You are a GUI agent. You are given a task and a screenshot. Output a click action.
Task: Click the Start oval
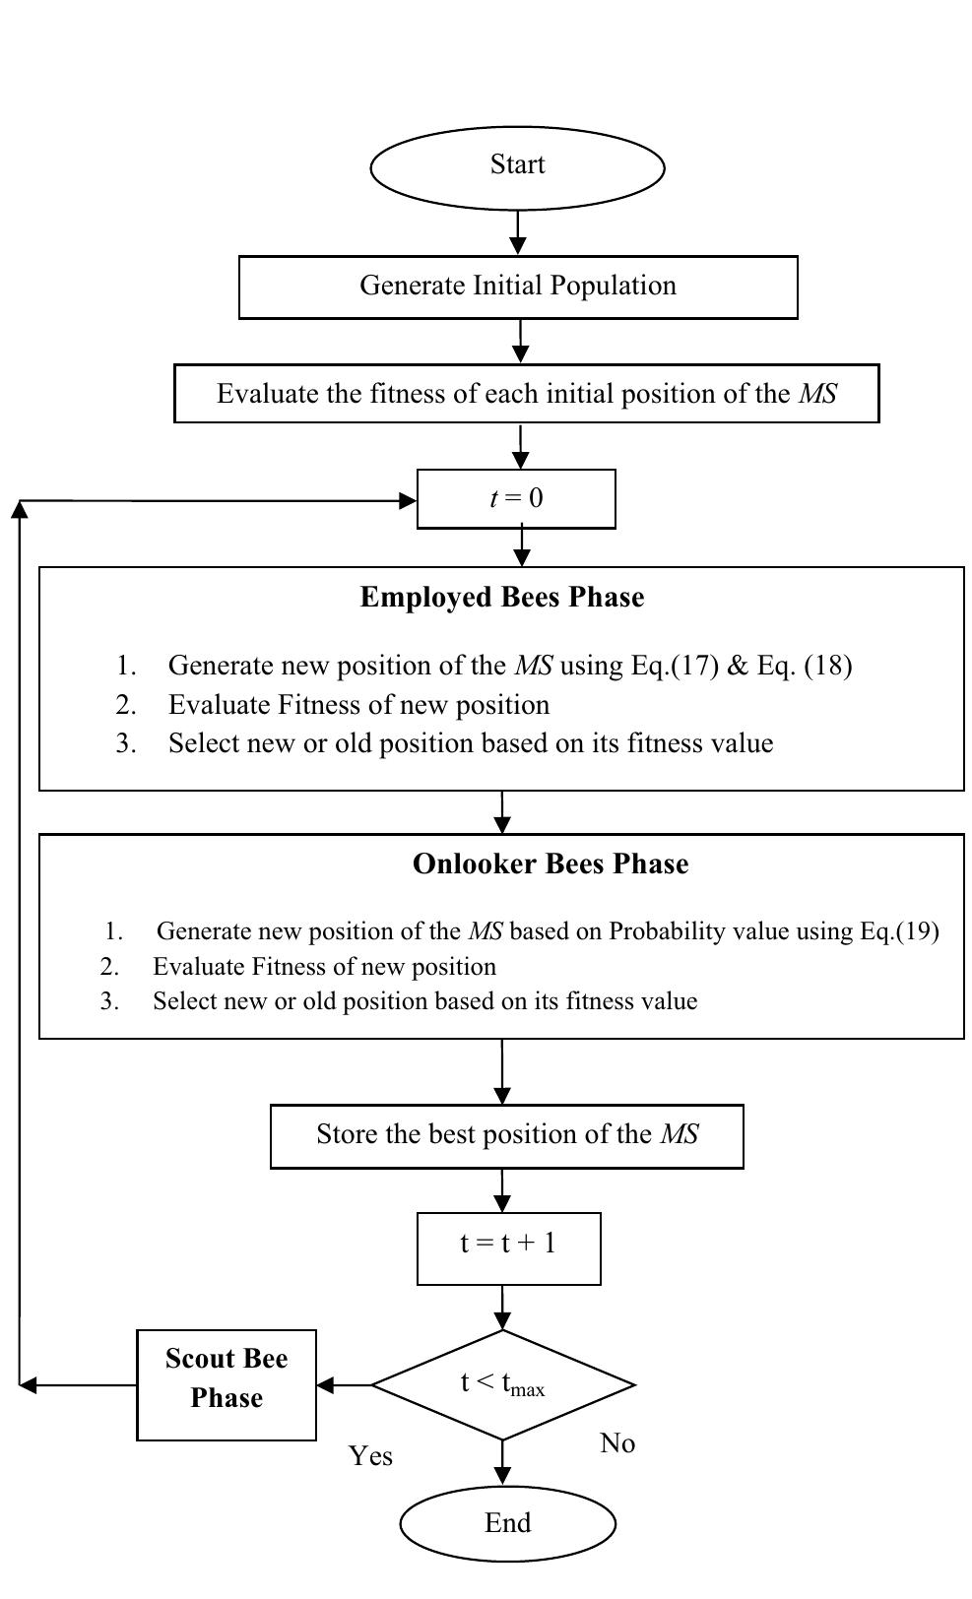coord(517,166)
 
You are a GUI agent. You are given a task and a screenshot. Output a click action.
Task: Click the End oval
coord(507,1523)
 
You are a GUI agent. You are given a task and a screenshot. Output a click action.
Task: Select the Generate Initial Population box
coord(517,287)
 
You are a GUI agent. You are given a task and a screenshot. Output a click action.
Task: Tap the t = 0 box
coord(516,498)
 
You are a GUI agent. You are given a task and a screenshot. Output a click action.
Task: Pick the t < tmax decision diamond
coord(502,1384)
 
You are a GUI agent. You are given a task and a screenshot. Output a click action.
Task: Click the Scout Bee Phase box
coord(226,1384)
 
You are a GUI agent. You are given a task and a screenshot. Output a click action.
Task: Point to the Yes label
coord(370,1456)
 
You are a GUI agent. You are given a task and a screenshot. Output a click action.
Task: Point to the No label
coord(617,1443)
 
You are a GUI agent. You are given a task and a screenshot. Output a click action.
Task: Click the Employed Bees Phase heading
coord(501,598)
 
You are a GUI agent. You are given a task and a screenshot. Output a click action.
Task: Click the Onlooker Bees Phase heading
coord(550,864)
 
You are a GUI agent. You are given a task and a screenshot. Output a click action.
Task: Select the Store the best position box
coord(506,1135)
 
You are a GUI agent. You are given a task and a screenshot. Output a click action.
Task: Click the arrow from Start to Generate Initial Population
coord(518,233)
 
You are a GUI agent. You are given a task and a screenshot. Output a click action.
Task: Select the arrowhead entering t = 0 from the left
coord(407,501)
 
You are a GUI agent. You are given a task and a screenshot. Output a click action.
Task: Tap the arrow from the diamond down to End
coord(502,1463)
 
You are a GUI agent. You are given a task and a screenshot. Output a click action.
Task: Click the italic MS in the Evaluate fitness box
coord(817,394)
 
